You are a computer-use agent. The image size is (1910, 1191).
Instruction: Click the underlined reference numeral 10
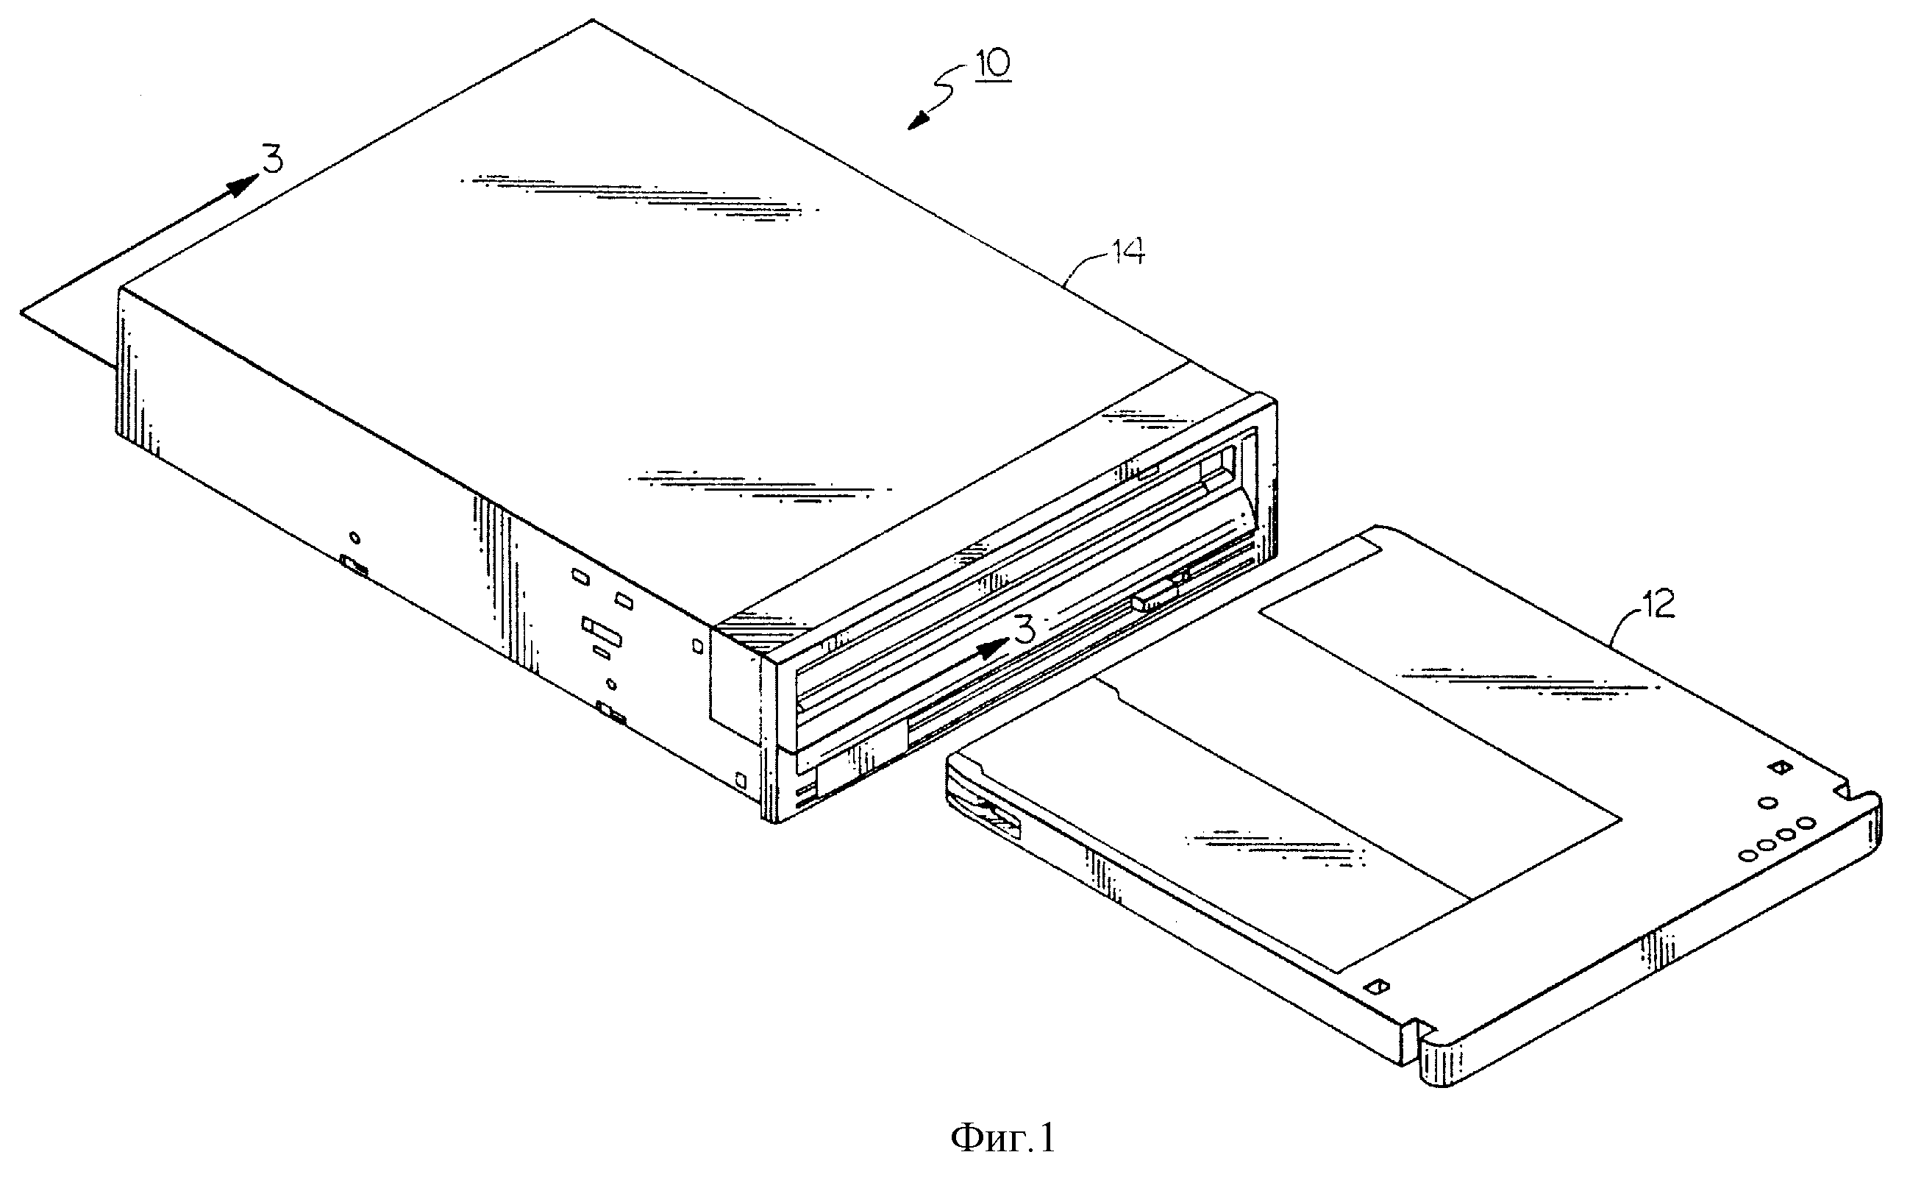(994, 64)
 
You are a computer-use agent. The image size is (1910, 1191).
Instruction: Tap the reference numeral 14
(1127, 252)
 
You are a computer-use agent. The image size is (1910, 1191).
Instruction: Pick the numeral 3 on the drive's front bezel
(1023, 630)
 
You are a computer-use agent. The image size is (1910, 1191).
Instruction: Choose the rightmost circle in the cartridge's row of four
(1807, 824)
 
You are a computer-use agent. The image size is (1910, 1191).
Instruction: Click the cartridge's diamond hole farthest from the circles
(1377, 986)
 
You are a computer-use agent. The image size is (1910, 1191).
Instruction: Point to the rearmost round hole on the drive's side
(355, 538)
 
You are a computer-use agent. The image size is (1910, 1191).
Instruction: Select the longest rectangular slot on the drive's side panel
(602, 631)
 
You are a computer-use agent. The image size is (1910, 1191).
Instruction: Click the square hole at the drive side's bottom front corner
(739, 781)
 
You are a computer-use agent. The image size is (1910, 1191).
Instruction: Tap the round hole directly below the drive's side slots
(613, 683)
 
